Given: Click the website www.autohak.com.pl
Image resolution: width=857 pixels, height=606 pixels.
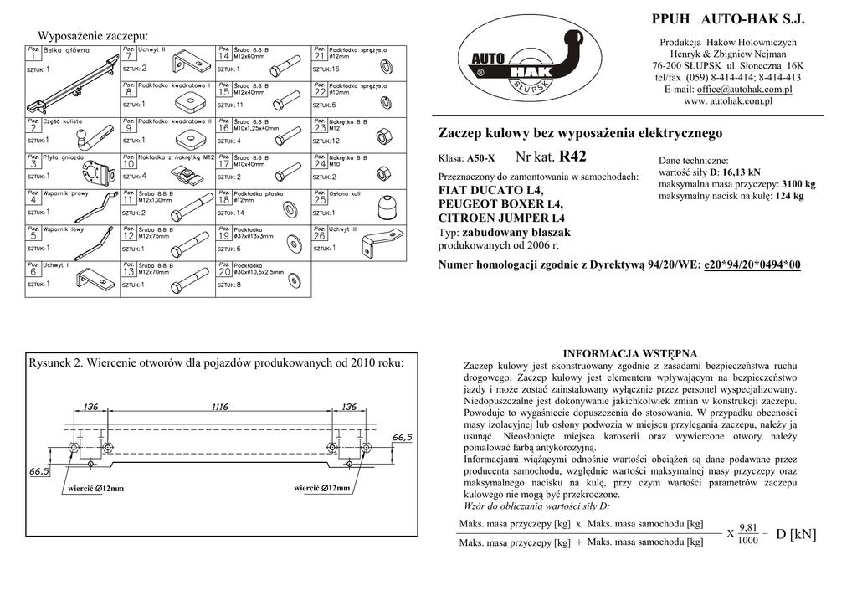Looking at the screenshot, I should click(727, 100).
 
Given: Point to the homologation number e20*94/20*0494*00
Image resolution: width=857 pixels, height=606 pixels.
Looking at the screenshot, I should click(752, 265).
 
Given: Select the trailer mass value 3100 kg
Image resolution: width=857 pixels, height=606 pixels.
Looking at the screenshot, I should click(798, 184).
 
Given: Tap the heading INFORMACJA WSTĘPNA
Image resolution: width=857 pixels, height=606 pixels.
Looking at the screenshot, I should click(630, 353).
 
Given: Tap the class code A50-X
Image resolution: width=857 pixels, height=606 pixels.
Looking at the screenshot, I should click(481, 158).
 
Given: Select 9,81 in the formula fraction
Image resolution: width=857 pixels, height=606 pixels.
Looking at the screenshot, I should click(748, 526).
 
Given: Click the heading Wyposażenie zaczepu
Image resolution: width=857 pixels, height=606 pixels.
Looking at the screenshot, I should click(93, 35).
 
